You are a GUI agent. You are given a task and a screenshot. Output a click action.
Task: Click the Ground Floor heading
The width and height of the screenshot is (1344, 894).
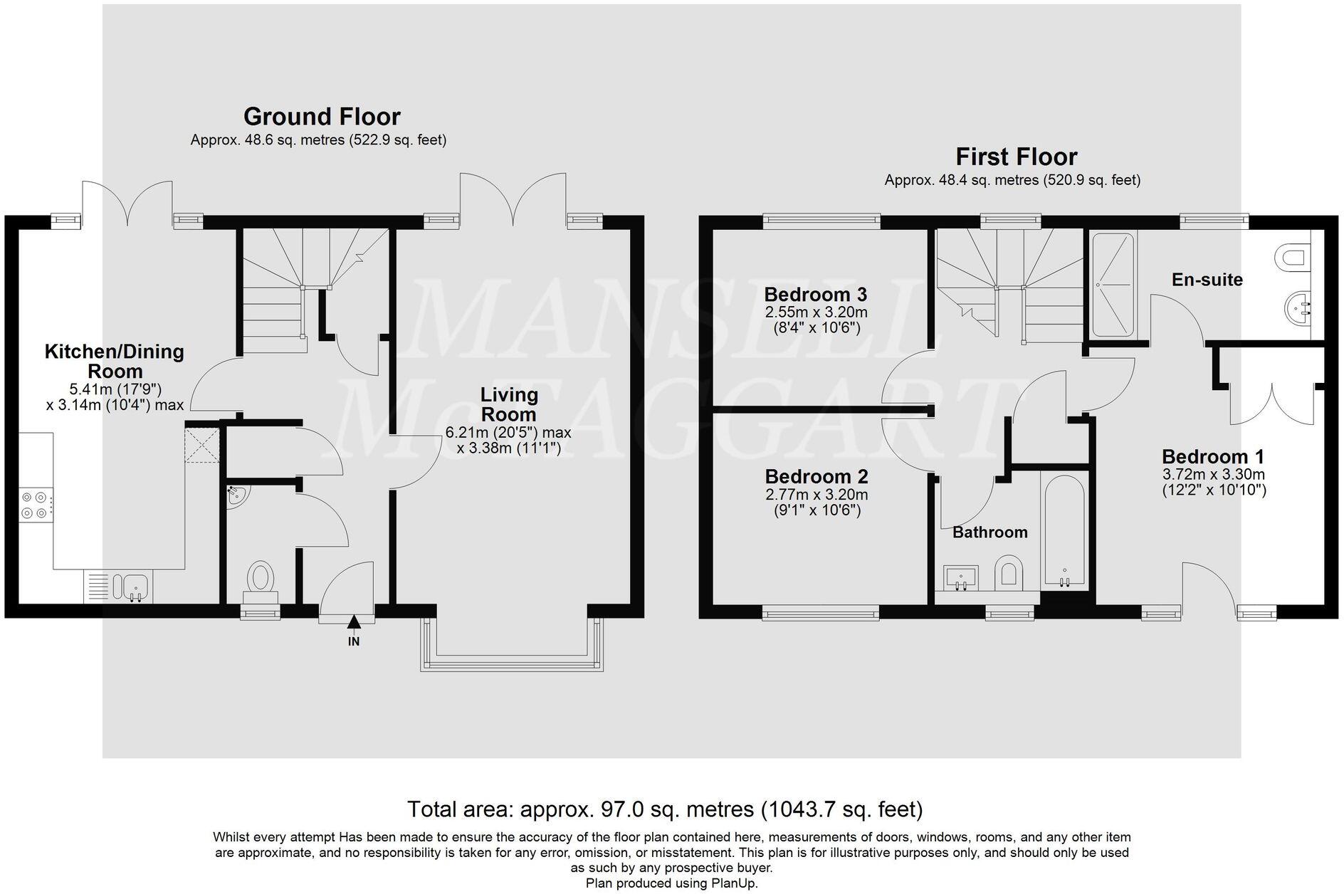322,116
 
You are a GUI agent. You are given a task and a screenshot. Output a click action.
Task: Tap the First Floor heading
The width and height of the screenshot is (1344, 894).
1016,156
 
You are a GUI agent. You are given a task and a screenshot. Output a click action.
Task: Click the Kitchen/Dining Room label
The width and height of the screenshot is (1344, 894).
115,361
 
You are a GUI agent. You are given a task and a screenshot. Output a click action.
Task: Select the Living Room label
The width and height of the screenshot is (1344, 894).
508,404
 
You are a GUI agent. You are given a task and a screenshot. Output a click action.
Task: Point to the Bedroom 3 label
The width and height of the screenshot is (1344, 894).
815,294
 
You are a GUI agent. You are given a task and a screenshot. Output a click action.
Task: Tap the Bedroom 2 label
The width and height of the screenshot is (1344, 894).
816,476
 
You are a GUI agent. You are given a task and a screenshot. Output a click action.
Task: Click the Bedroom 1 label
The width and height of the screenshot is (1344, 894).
1213,456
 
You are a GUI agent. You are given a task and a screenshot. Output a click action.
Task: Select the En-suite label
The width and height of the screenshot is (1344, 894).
1207,280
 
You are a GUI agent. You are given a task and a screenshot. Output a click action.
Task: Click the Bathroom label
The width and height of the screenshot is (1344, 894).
989,532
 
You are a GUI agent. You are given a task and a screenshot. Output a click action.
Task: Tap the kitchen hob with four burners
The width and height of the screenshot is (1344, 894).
35,505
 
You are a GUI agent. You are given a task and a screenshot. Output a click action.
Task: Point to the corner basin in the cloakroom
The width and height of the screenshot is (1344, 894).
236,496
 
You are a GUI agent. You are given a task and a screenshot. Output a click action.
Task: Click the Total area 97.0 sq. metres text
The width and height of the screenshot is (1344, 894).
664,809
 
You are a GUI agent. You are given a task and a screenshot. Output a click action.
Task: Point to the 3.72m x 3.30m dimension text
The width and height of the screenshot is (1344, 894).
1213,474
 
